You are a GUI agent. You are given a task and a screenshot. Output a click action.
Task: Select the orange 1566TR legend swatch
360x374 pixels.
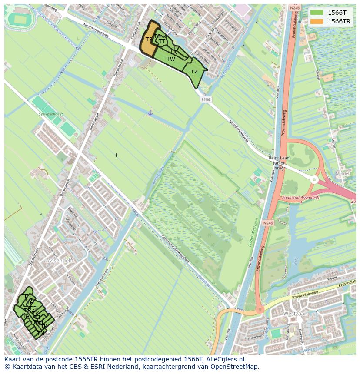317,21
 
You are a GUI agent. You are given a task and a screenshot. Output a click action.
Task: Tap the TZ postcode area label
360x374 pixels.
194,72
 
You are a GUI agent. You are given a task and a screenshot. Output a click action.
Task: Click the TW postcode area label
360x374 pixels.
170,59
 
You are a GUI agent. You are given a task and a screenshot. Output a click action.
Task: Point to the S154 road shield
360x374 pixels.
206,100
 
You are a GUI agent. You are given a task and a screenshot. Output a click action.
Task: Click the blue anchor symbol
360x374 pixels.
150,113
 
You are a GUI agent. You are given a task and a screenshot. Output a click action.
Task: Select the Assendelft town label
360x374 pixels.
61,261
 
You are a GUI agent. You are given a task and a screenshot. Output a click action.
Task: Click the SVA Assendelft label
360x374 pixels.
50,114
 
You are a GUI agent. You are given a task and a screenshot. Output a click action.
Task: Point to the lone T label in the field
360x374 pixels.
117,155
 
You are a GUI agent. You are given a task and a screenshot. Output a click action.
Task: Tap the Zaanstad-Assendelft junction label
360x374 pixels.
301,197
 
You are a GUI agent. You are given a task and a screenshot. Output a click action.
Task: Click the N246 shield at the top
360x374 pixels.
295,8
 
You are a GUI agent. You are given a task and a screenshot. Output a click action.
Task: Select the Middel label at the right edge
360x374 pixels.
343,173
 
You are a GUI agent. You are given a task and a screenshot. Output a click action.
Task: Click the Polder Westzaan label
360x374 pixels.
253,232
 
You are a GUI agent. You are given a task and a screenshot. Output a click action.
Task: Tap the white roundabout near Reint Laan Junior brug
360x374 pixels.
314,179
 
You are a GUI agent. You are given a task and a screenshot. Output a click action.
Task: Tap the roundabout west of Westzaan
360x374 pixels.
260,310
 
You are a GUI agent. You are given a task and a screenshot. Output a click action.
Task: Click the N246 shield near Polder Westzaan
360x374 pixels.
268,223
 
